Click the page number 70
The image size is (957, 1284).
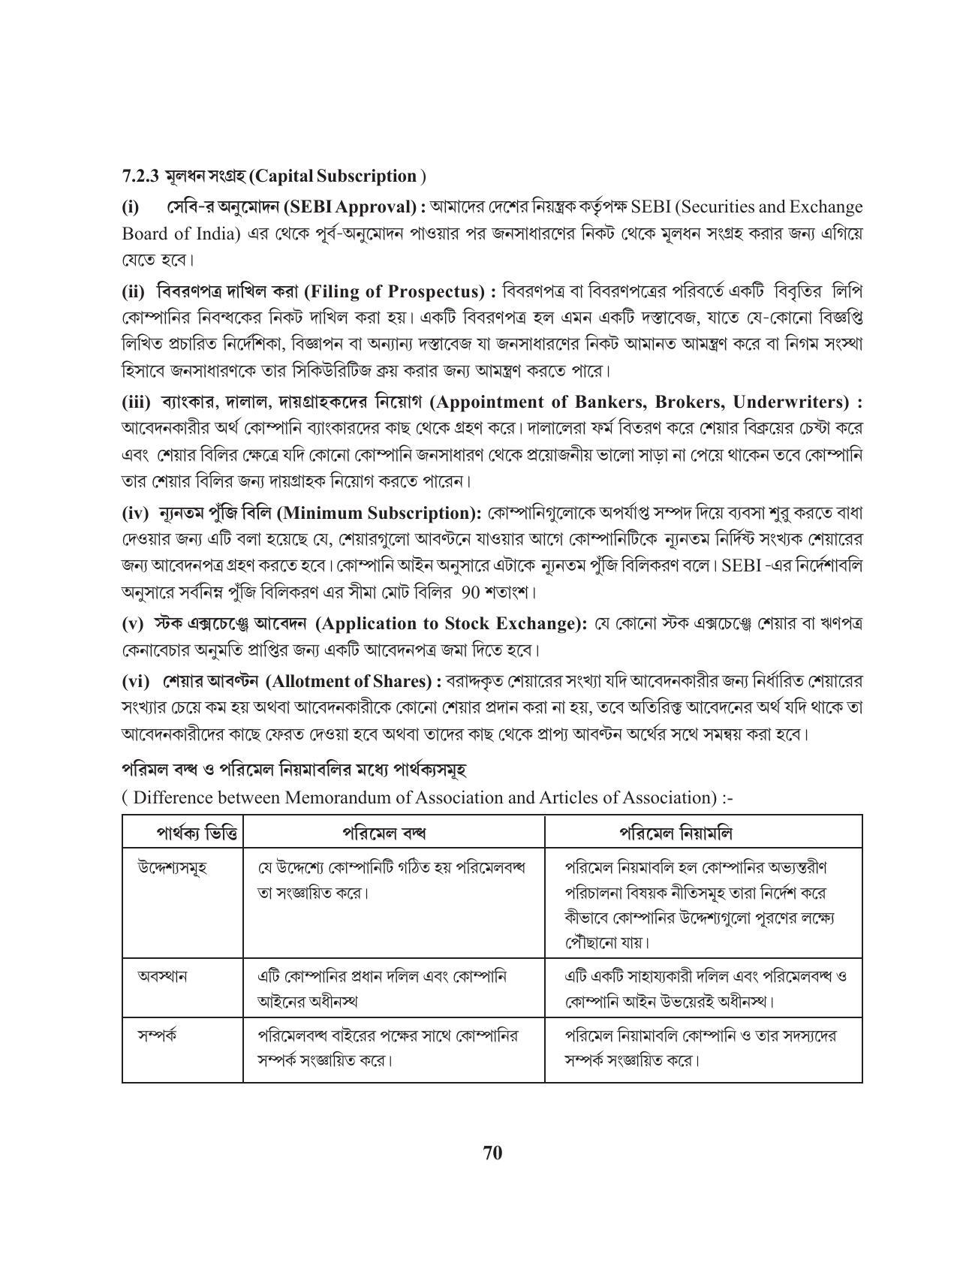click(492, 1152)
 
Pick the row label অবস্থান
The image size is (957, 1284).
click(162, 976)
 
